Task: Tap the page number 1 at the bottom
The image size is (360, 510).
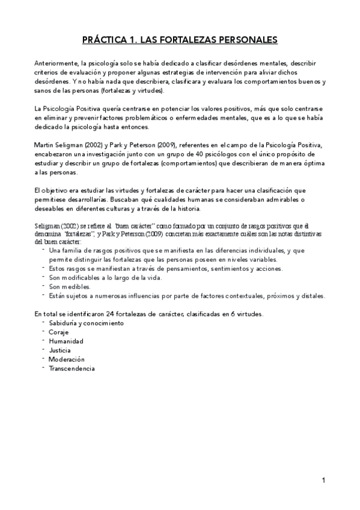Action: (x=323, y=480)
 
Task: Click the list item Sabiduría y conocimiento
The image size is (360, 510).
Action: (x=78, y=323)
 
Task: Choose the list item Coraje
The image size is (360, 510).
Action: (x=59, y=332)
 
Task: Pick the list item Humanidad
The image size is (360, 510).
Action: (x=66, y=341)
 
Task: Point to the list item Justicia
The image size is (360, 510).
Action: (x=60, y=350)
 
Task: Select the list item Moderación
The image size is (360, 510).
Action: (x=67, y=359)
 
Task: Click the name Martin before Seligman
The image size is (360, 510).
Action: (x=44, y=144)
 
